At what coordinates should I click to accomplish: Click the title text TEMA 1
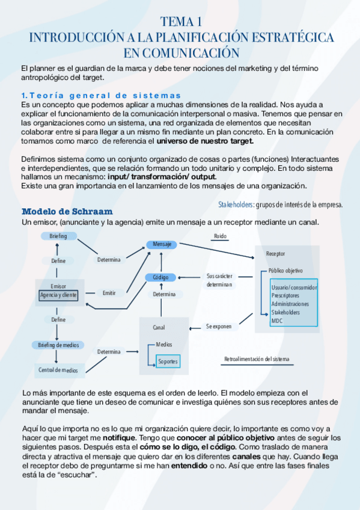[x=180, y=22]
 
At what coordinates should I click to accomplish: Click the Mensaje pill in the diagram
[x=162, y=245]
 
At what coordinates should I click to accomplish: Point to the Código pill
[x=160, y=277]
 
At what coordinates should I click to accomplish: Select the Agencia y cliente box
[x=58, y=295]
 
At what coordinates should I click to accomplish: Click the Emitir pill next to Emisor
[x=109, y=293]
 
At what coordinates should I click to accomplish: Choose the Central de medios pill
[x=58, y=370]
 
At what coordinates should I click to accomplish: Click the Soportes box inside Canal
[x=168, y=361]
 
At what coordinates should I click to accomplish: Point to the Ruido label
[x=220, y=236]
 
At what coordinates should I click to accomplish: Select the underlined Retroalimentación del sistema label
[x=256, y=359]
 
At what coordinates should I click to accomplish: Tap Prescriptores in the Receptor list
[x=285, y=295]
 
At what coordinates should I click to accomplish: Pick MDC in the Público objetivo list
[x=276, y=321]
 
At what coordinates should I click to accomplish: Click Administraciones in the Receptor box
[x=290, y=304]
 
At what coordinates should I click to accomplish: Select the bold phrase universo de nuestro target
[x=206, y=141]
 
